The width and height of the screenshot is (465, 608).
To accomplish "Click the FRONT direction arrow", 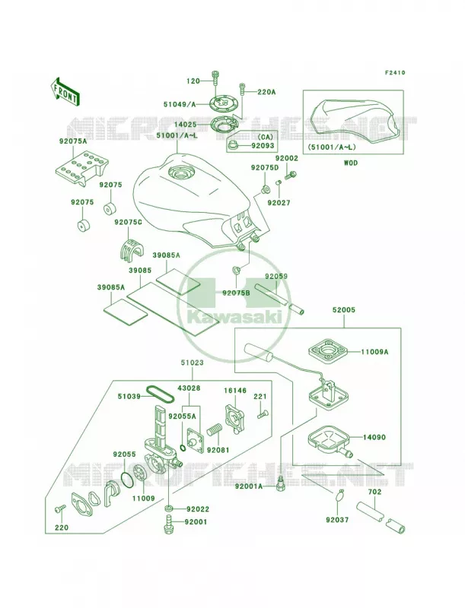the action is (65, 92).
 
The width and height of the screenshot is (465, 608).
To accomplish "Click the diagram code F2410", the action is (395, 72).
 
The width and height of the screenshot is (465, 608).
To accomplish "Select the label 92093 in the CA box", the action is (263, 146).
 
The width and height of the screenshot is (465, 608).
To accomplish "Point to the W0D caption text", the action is (350, 163).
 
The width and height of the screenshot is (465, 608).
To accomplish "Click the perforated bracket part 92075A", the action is (81, 167).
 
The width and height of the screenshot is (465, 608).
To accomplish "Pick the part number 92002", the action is (286, 158).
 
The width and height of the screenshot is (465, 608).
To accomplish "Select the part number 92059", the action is (276, 277).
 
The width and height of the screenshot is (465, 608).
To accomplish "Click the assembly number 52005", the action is (343, 310).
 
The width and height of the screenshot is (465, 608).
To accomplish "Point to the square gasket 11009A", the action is (326, 351).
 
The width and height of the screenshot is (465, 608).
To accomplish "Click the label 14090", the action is (374, 438).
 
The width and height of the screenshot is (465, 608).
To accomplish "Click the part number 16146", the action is (235, 391).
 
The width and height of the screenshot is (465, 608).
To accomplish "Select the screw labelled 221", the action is (262, 415).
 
